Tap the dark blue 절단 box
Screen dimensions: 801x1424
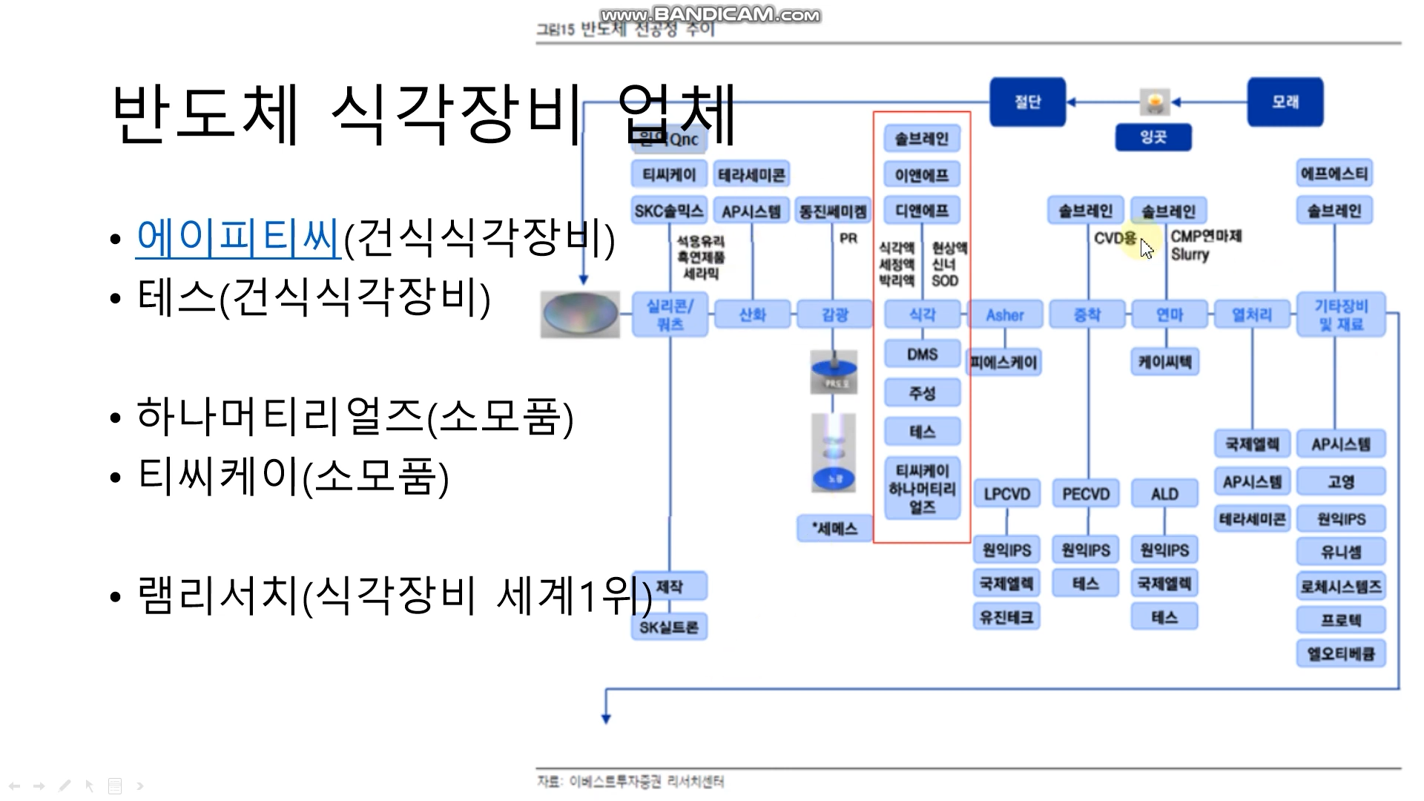[x=1027, y=102]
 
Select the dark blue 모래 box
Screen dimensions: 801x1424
[x=1285, y=102]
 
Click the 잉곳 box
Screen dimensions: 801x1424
[x=1153, y=137]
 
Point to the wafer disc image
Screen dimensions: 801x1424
[x=580, y=314]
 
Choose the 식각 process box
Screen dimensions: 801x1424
[x=922, y=314]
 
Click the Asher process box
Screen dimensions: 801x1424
[x=1005, y=314]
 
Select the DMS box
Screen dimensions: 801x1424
[x=922, y=355]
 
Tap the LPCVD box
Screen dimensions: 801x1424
[x=1006, y=494]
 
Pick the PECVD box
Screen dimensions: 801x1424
[x=1086, y=494]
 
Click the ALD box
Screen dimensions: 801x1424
[x=1164, y=494]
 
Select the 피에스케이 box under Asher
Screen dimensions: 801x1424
[x=1004, y=363]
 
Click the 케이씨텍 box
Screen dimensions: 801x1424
[x=1164, y=362]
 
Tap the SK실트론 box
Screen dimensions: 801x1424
[x=669, y=627]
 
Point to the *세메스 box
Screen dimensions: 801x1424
[x=834, y=528]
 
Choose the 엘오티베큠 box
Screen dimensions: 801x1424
[x=1340, y=654]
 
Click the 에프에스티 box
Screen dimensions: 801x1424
[x=1334, y=174]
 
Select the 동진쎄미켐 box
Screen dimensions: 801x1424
[x=833, y=211]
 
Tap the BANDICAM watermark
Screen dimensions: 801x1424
[x=710, y=15]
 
